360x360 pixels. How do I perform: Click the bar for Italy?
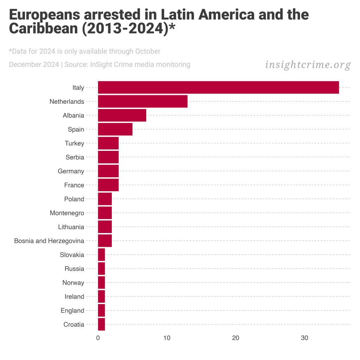click(x=218, y=88)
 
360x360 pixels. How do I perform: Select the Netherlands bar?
click(x=142, y=102)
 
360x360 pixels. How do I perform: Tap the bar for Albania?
click(x=122, y=115)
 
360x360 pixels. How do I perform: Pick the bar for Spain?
click(x=115, y=129)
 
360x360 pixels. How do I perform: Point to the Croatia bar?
click(x=101, y=324)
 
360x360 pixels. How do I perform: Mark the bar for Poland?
click(x=105, y=199)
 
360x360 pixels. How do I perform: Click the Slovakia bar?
click(x=101, y=255)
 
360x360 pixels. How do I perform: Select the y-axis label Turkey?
click(x=74, y=143)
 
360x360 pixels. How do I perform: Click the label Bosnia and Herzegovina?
click(x=49, y=241)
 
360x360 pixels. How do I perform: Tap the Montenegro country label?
click(x=67, y=213)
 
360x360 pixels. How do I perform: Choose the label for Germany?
click(x=71, y=171)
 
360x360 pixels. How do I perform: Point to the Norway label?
click(x=73, y=283)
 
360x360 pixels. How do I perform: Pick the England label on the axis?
click(x=72, y=310)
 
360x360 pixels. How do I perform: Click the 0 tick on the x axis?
click(x=98, y=338)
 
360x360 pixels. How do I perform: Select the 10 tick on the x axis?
click(x=167, y=338)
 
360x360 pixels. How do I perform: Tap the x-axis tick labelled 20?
click(x=236, y=338)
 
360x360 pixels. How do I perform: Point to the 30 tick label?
click(x=304, y=338)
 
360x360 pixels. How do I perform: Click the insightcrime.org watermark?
click(x=308, y=65)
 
